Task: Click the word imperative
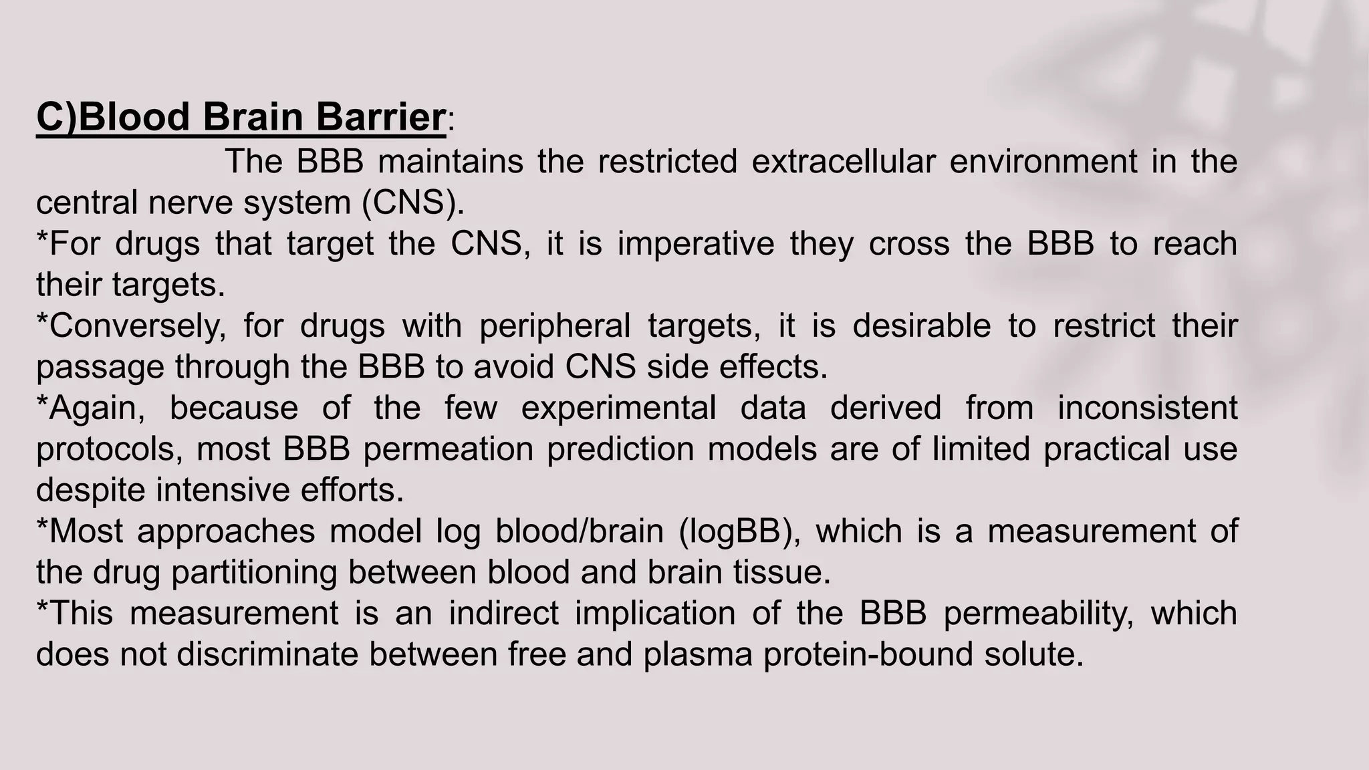tap(695, 244)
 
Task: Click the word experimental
tap(618, 408)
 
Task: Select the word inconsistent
tap(1147, 408)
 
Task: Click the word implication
tap(655, 614)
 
